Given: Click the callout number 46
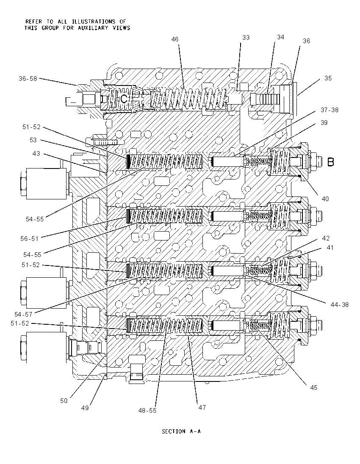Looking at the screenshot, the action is (x=175, y=39).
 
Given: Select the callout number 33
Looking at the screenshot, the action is (x=246, y=38).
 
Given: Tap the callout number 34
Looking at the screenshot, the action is (x=280, y=37).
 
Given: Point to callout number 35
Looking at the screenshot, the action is (x=328, y=78).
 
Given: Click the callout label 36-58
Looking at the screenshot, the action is (x=28, y=79).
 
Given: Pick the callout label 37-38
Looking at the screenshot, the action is (x=330, y=110).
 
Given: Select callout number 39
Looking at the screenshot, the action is (x=324, y=122).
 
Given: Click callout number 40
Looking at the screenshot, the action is (x=325, y=199).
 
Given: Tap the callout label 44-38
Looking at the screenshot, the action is (x=340, y=304).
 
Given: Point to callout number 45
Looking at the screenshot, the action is (x=313, y=388).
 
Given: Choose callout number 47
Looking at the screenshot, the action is (x=202, y=407).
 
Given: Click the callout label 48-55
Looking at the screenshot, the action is (x=147, y=411).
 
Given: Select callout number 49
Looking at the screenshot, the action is (x=85, y=408).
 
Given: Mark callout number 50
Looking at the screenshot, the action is (x=64, y=401).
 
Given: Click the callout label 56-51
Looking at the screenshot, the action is (x=30, y=239).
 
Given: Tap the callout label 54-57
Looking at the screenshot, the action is (x=23, y=315).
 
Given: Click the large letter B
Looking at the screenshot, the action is (x=331, y=162).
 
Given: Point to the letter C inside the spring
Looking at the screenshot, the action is (x=124, y=99).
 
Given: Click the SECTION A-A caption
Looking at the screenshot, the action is (x=181, y=431).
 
